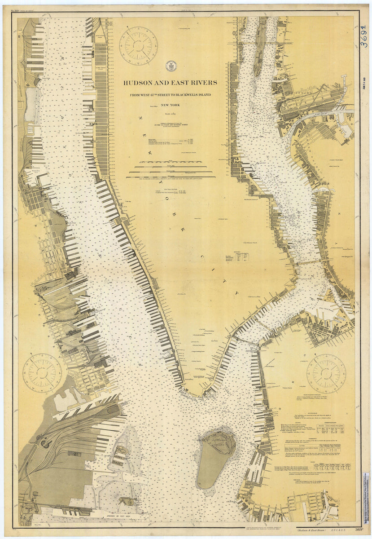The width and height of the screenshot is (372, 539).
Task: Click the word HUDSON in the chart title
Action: click(139, 83)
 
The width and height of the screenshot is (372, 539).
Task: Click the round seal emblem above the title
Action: click(171, 66)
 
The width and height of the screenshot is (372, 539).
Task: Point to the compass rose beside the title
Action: click(138, 45)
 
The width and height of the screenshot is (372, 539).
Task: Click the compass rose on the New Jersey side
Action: click(42, 373)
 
